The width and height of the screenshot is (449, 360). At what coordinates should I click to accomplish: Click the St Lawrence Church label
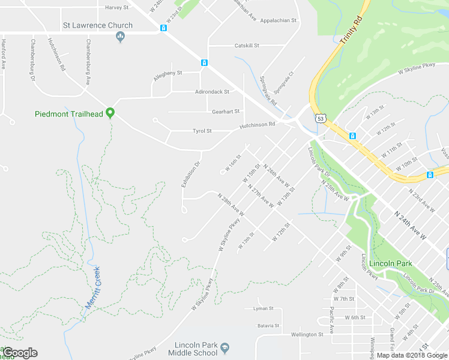pos(98,25)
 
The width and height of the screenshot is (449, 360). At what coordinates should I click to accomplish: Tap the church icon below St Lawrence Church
pos(120,37)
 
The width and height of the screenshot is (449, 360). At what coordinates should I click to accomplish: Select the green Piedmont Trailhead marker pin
pos(110,112)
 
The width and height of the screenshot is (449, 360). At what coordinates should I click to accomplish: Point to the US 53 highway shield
pos(321,119)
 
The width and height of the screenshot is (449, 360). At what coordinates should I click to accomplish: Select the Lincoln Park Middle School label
pos(196,349)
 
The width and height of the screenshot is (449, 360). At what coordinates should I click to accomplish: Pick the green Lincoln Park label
pos(391,263)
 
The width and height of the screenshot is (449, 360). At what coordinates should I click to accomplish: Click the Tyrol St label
pos(202,131)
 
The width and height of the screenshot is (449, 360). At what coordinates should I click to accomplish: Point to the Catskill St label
pos(247,46)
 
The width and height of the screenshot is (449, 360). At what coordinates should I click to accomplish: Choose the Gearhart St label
pos(226,112)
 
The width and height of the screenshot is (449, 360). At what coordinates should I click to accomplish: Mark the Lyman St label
pos(264,308)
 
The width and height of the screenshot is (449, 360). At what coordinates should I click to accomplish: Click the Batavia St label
pos(268,326)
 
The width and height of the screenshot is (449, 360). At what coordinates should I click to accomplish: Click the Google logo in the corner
pos(20,353)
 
